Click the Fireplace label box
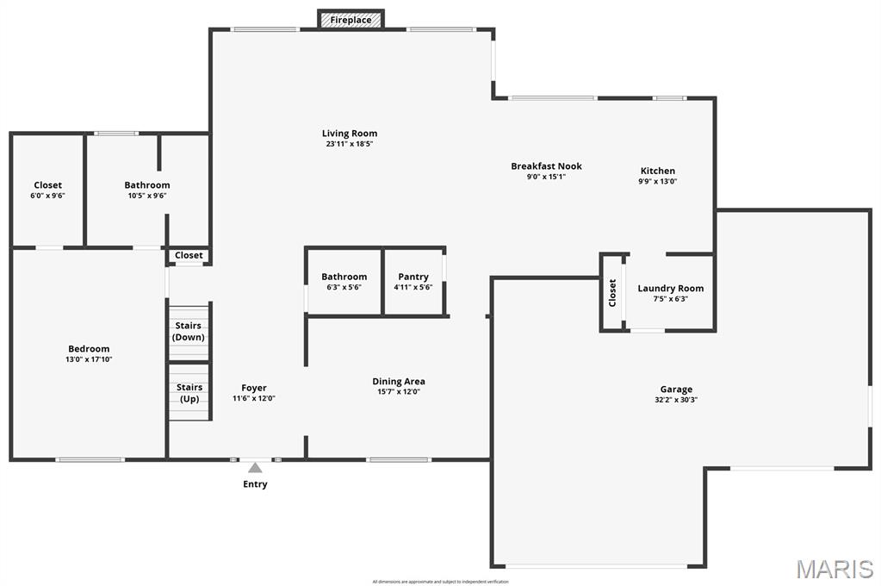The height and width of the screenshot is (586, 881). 351,19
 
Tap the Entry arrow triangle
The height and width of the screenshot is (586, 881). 255,468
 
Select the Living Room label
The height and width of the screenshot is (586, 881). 350,134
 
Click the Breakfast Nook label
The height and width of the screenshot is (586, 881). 546,166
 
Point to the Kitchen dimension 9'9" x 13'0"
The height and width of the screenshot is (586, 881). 657,182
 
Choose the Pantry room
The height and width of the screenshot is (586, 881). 413,282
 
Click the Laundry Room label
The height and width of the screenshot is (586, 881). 670,289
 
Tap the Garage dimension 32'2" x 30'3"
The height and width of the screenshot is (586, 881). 676,400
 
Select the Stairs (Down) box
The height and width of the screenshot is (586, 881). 189,331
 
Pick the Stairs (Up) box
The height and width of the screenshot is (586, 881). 189,393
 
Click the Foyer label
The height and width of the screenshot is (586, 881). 254,388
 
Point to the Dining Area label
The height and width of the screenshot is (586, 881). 399,382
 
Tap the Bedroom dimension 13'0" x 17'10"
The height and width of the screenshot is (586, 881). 90,359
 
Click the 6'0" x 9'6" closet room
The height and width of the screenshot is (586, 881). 47,190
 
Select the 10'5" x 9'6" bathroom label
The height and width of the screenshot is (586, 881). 147,185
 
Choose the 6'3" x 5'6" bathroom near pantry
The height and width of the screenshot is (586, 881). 344,282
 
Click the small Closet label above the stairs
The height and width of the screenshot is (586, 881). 189,255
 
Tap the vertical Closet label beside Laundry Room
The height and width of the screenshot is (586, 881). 612,293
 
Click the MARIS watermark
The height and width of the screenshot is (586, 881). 834,569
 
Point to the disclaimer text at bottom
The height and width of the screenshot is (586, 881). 440,582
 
